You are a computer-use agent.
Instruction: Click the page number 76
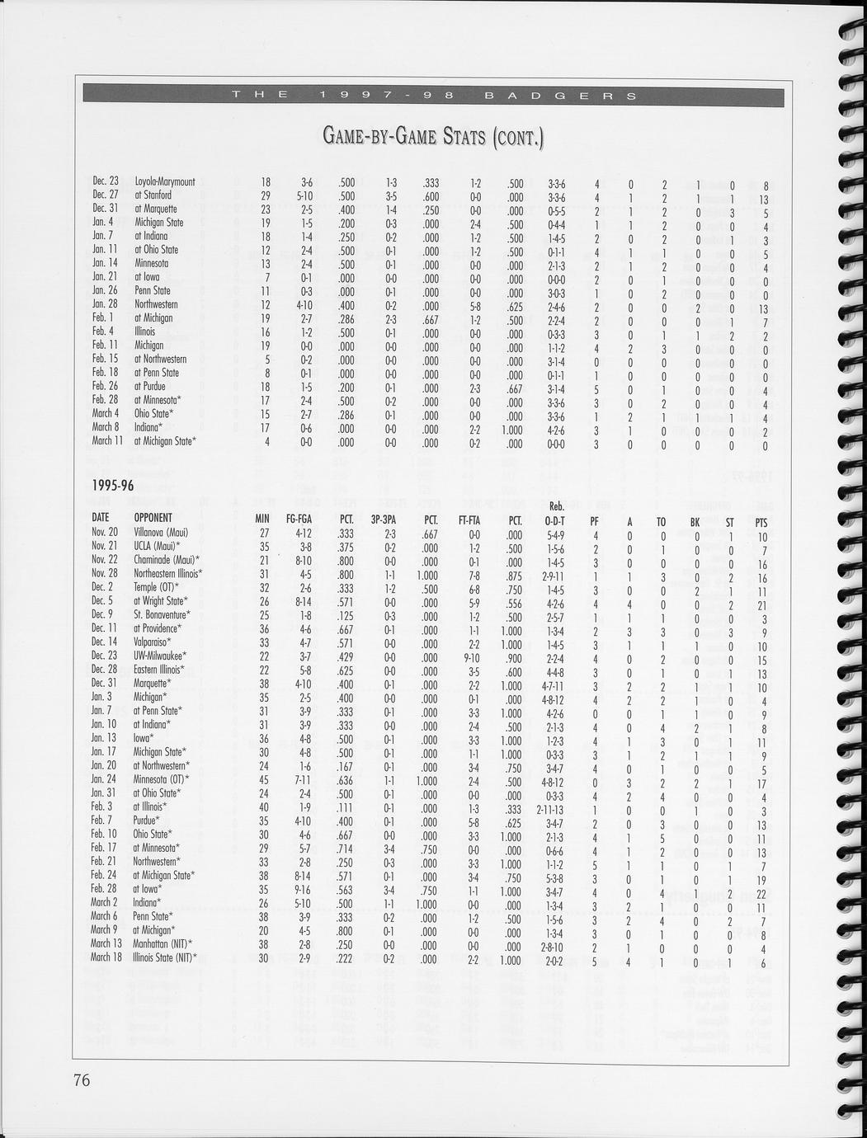pyautogui.click(x=81, y=1080)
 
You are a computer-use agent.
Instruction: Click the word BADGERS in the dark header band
pyautogui.click(x=560, y=96)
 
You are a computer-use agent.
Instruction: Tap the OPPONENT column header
pyautogui.click(x=153, y=520)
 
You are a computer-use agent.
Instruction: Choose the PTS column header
pyautogui.click(x=761, y=521)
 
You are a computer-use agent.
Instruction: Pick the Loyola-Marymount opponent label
pyautogui.click(x=165, y=181)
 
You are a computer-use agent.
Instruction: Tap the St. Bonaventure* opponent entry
pyautogui.click(x=162, y=614)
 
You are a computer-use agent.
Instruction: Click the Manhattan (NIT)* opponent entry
pyautogui.click(x=163, y=943)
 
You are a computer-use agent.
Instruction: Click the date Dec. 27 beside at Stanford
pyautogui.click(x=106, y=195)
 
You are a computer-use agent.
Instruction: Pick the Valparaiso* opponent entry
pyautogui.click(x=153, y=642)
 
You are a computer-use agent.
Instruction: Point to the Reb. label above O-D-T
pyautogui.click(x=555, y=507)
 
